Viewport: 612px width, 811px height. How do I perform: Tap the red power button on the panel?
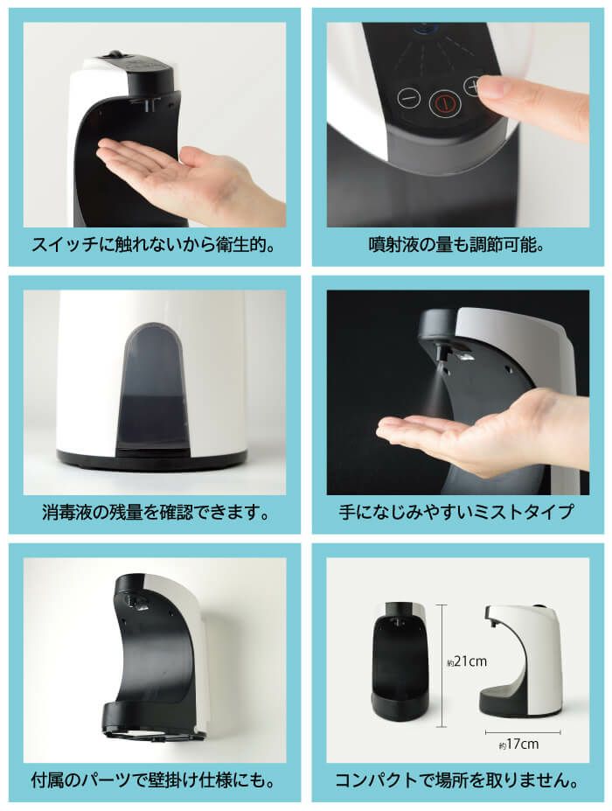click(x=444, y=103)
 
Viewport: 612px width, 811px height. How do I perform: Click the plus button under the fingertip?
click(x=472, y=87)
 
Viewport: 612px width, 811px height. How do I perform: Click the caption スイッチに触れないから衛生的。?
click(x=154, y=244)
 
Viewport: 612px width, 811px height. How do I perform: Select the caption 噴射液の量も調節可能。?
click(x=457, y=244)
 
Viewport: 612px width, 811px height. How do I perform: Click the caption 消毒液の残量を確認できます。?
click(x=156, y=512)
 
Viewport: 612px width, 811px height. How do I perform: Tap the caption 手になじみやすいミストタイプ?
click(x=457, y=512)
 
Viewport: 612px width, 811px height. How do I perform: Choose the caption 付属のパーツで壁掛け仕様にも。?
click(x=154, y=780)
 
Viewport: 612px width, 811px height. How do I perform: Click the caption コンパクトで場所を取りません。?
click(x=457, y=780)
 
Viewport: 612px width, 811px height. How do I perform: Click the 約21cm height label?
click(x=467, y=661)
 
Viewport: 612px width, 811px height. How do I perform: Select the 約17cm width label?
click(x=518, y=745)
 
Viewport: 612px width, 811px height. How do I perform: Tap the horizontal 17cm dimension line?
click(x=523, y=732)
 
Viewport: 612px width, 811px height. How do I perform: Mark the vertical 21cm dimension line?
click(x=441, y=665)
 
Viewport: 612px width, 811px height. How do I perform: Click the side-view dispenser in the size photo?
click(x=521, y=660)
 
